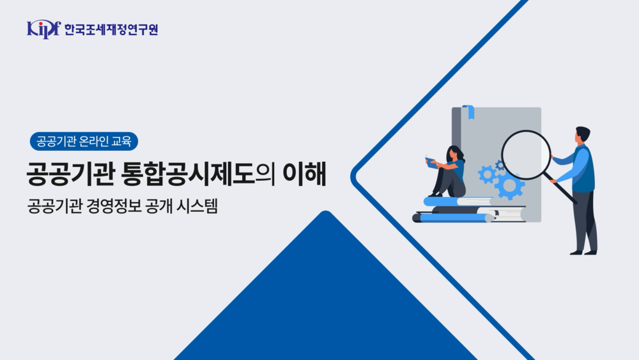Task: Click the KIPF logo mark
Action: tap(43, 29)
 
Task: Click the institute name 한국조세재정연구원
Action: tap(111, 29)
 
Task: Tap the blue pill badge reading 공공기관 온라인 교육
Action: tap(84, 141)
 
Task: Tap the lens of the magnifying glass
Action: tap(525, 155)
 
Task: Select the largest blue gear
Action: tap(509, 185)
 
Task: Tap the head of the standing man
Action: tap(582, 135)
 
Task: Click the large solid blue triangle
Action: tap(326, 301)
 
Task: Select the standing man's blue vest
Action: tap(584, 169)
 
